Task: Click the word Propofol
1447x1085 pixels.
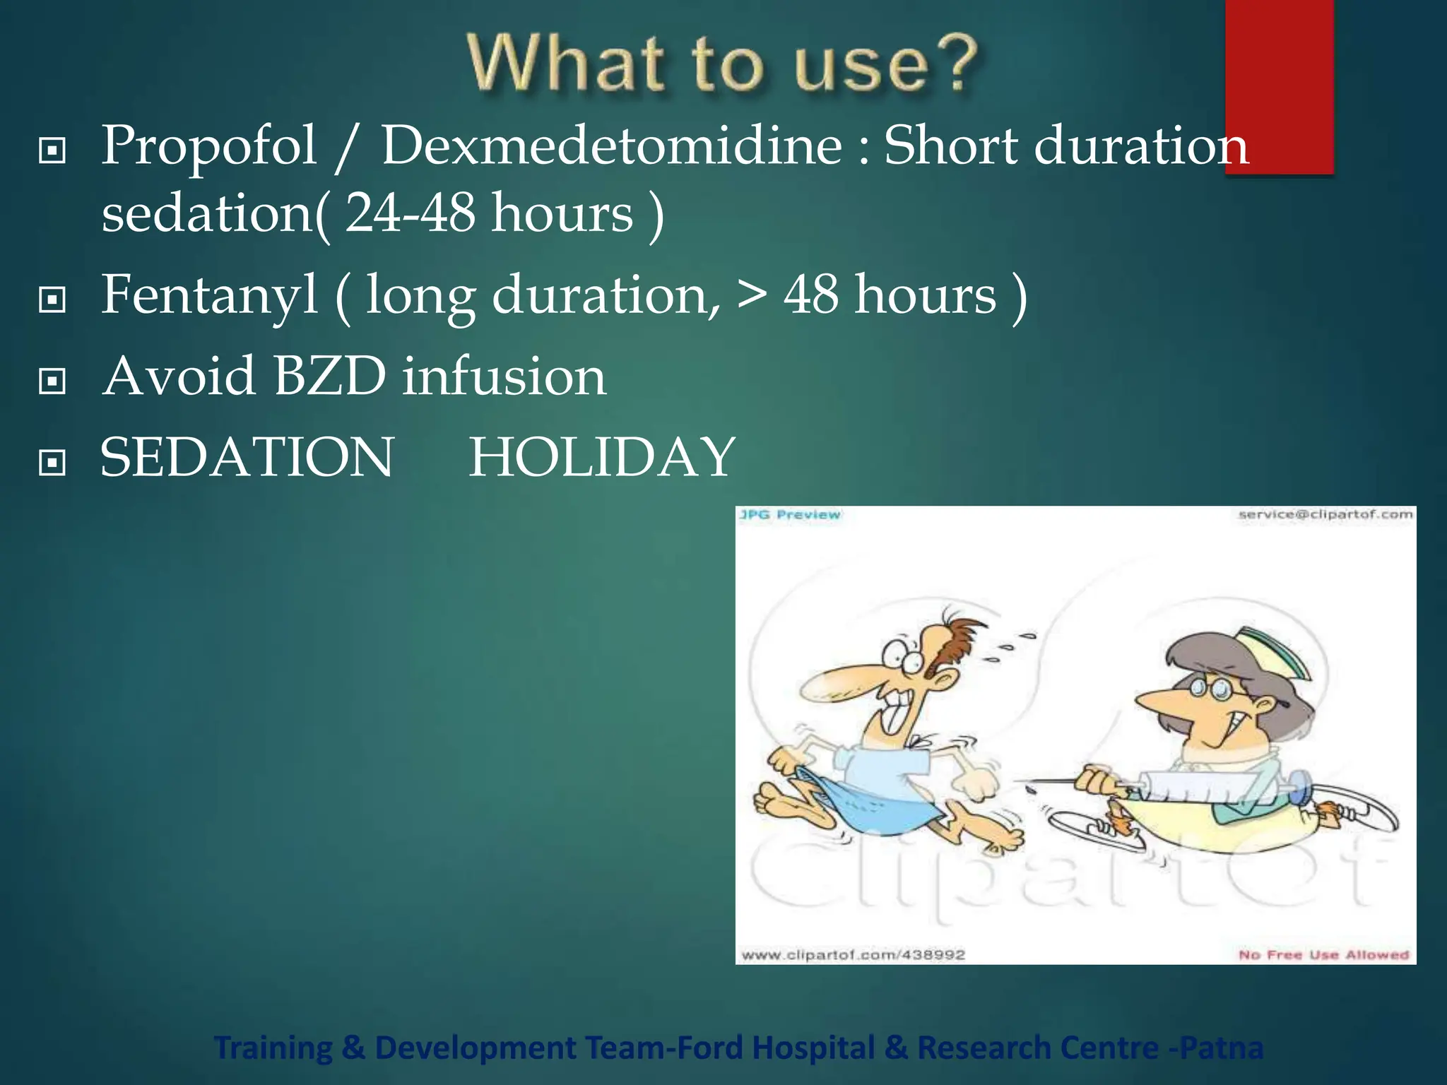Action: coord(208,146)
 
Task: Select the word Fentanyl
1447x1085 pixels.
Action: coord(209,295)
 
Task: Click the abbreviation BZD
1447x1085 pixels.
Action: coord(329,376)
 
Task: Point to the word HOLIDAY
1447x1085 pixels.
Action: coord(602,457)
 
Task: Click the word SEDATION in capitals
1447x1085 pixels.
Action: coord(247,457)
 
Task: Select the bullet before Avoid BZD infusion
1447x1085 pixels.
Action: coord(52,381)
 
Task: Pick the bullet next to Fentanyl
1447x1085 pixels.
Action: coord(52,300)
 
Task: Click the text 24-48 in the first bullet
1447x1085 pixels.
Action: coord(410,213)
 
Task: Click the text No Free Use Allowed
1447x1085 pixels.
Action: coord(1323,955)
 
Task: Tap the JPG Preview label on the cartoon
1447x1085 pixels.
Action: coord(790,515)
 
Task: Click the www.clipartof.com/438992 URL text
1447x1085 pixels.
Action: coord(853,955)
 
